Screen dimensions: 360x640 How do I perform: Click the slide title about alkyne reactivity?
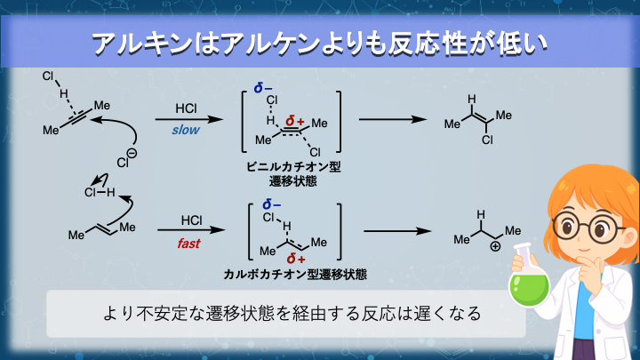pyautogui.click(x=320, y=43)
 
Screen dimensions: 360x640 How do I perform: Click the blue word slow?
pyautogui.click(x=187, y=130)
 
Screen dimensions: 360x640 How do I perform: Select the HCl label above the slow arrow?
pyautogui.click(x=187, y=111)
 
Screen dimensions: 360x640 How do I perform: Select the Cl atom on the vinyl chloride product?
pyautogui.click(x=486, y=140)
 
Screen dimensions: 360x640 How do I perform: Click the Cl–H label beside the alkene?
pyautogui.click(x=99, y=189)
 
